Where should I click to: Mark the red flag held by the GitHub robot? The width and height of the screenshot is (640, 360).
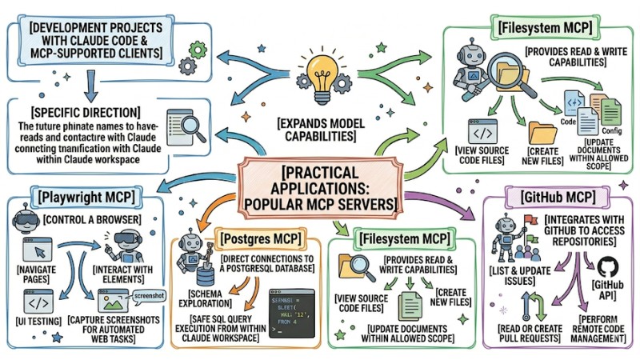click(x=530, y=217)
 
